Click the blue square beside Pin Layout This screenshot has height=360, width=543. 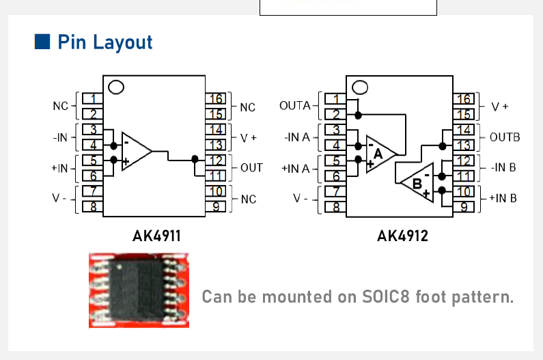[42, 42]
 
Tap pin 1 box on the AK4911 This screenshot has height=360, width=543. [92, 98]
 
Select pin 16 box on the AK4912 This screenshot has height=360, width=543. [463, 99]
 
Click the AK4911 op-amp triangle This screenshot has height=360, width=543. [136, 151]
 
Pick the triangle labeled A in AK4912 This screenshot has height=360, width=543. [380, 154]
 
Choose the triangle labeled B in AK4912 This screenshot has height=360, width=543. [418, 182]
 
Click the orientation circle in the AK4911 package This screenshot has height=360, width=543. [116, 87]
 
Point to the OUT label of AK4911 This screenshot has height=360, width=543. [252, 167]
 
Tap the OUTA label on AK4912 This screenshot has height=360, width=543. [295, 105]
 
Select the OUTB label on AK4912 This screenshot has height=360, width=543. [505, 137]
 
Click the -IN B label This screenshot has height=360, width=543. [503, 167]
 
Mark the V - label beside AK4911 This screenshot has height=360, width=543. [59, 198]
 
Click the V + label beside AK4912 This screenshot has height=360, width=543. [500, 107]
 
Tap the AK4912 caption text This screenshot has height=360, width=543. [402, 236]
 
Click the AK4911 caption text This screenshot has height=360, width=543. [156, 236]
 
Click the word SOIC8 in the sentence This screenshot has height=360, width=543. [385, 296]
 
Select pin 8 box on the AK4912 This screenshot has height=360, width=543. [335, 207]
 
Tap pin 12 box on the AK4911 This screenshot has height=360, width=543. [215, 161]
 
